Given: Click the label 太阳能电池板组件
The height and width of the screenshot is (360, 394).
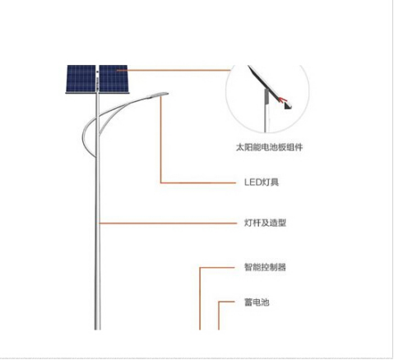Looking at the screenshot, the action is point(269,147).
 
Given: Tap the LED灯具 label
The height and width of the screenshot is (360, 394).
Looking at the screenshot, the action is point(262,182).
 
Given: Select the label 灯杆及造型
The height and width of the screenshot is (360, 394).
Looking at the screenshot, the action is point(265,223).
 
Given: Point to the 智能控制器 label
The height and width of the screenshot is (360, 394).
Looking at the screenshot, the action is point(265,267).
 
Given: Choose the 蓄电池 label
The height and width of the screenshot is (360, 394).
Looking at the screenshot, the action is point(257,302).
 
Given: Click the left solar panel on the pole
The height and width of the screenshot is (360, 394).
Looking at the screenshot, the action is point(81,79).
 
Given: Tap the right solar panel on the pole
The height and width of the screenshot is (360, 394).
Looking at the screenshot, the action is point(114,79).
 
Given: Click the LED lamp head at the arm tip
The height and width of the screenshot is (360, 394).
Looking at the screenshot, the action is point(158,95).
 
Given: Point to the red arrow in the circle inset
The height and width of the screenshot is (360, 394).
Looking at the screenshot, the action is point(282,99).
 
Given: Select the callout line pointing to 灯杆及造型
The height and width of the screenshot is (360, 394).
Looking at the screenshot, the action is point(168,224).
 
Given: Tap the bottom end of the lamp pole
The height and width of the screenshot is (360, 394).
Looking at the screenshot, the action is point(98,330).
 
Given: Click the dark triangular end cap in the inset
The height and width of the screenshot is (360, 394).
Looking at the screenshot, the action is point(288,106).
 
